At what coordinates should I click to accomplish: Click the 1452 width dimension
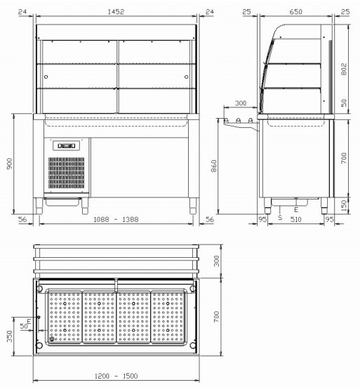click(116, 12)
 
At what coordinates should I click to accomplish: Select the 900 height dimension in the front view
click(10, 164)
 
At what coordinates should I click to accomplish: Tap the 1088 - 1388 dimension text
click(116, 219)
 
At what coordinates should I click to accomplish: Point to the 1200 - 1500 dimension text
click(116, 376)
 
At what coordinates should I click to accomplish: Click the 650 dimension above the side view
click(296, 12)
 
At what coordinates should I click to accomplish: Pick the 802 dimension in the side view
click(344, 69)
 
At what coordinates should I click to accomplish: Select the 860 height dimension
click(214, 166)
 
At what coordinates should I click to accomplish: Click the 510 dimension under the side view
click(296, 219)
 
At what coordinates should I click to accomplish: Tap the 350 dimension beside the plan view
click(10, 337)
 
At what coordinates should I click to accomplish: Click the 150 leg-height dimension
click(344, 206)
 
